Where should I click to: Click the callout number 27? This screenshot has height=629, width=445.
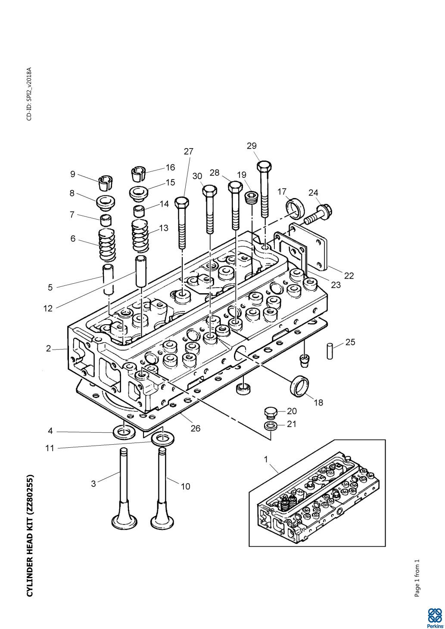189,152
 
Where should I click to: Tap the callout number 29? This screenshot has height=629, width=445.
252,146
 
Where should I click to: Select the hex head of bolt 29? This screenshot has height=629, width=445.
265,166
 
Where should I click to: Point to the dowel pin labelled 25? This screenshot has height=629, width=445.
330,350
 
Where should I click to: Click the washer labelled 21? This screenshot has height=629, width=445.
270,426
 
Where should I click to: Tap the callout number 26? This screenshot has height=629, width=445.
196,429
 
